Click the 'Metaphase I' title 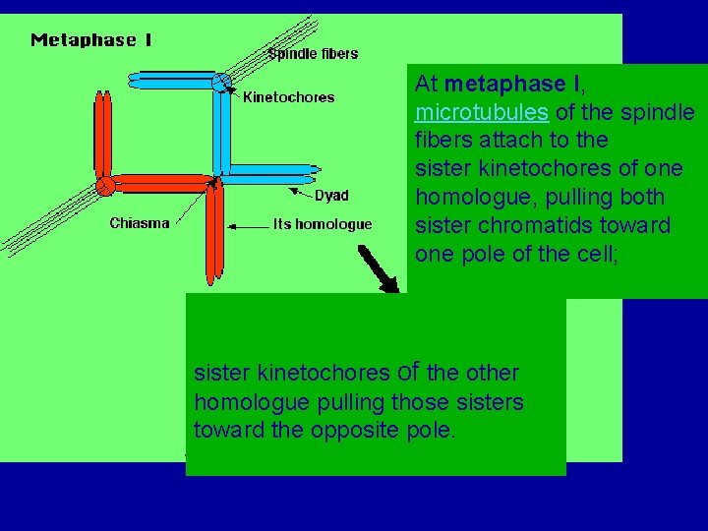(x=91, y=40)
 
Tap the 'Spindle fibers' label (x=313, y=53)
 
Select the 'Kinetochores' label (x=288, y=96)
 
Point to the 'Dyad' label (x=331, y=195)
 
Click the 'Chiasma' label (x=140, y=223)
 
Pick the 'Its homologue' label (x=322, y=224)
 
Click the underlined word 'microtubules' (x=482, y=112)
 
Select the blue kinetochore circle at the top (x=221, y=82)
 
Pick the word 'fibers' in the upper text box (x=442, y=140)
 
